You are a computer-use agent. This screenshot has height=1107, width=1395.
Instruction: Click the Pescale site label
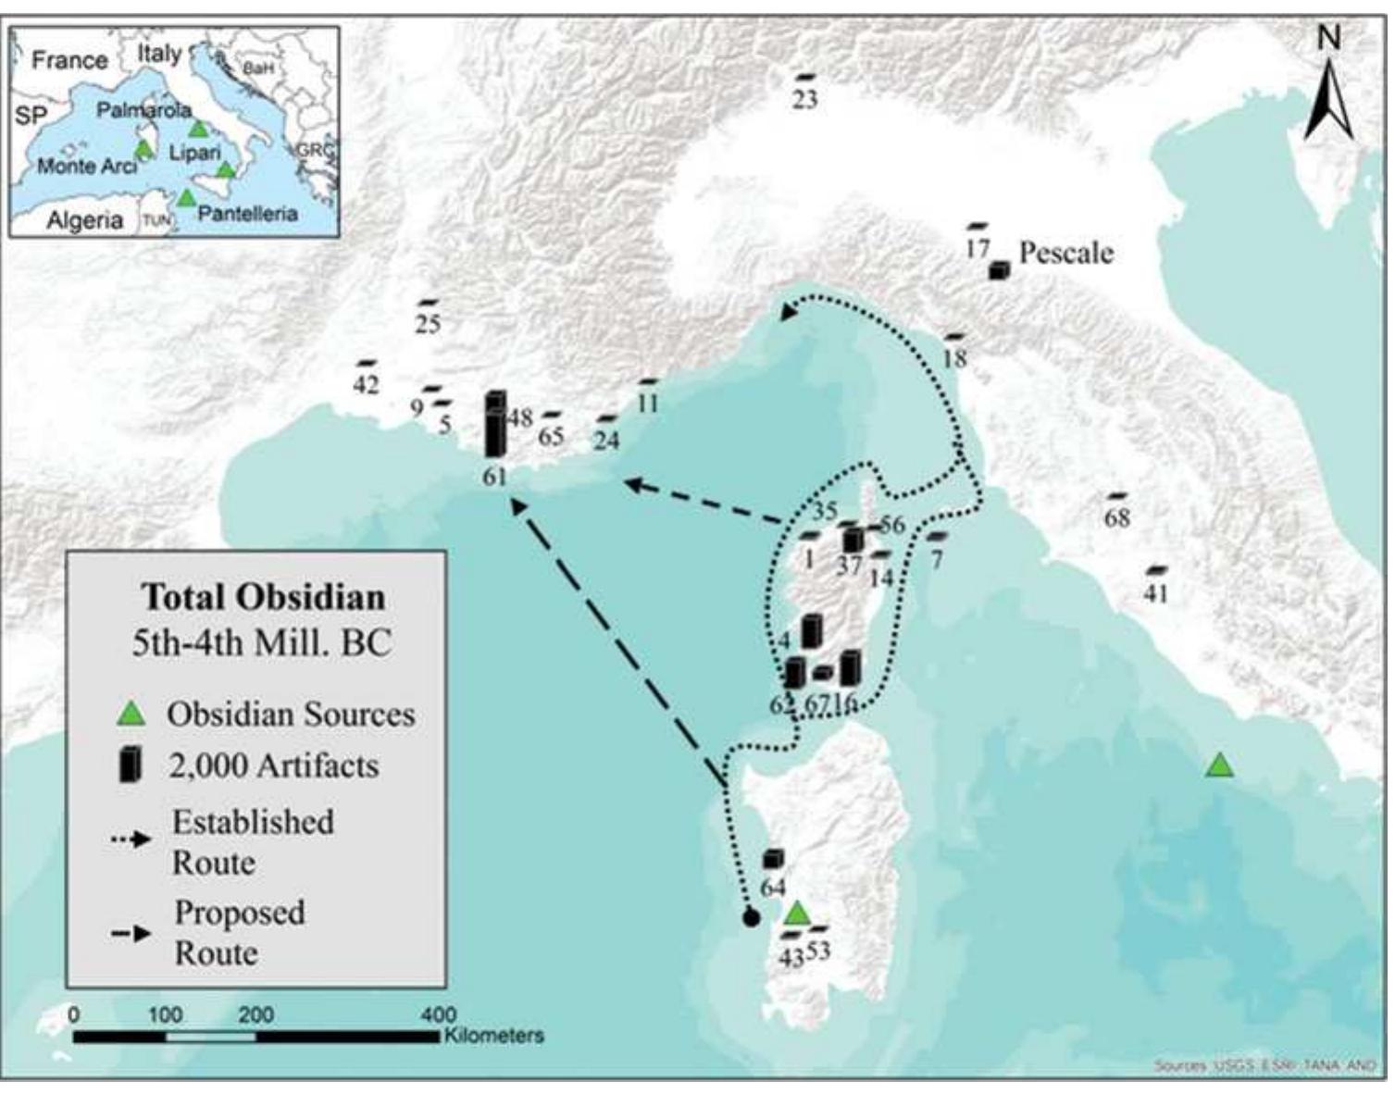[x=1065, y=253]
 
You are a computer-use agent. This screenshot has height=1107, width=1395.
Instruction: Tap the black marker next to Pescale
[x=997, y=270]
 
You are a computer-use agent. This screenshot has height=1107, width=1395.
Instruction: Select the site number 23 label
[x=804, y=99]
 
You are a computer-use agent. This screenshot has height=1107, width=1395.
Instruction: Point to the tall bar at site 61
[x=495, y=426]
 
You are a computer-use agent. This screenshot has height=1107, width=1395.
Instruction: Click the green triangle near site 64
[x=797, y=914]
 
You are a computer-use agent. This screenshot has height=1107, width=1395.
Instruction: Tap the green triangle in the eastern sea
[x=1219, y=765]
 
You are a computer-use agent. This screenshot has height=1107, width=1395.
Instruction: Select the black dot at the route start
[x=751, y=918]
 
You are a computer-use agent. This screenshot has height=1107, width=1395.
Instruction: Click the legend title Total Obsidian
[x=263, y=597]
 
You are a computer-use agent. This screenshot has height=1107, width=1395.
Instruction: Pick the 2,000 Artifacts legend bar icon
[x=131, y=765]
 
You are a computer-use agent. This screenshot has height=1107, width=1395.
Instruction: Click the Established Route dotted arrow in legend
[x=131, y=840]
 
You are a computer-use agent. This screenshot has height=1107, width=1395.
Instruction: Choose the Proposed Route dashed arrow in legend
[x=131, y=933]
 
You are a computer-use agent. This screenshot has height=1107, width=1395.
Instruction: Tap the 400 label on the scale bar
[x=438, y=1015]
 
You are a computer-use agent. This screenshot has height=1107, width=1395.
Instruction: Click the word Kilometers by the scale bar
[x=494, y=1036]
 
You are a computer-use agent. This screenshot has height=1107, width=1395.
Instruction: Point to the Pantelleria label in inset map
[x=247, y=214]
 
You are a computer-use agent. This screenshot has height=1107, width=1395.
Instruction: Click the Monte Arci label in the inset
[x=86, y=167]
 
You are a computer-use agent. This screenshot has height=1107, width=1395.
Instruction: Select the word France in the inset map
[x=69, y=60]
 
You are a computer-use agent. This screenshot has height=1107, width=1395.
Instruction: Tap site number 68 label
[x=1117, y=518]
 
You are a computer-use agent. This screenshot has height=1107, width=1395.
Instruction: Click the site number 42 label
[x=366, y=384]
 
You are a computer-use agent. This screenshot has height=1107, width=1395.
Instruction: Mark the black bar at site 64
[x=772, y=859]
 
